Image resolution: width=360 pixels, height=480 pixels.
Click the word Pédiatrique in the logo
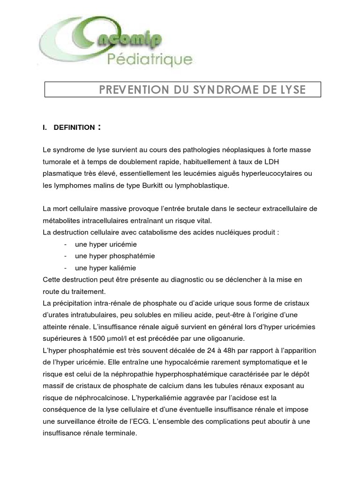coord(150,59)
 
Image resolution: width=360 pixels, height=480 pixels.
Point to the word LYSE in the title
coord(291,90)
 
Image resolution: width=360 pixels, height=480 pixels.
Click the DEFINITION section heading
coord(74,127)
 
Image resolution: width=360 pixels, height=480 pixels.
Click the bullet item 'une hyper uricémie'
coord(106,244)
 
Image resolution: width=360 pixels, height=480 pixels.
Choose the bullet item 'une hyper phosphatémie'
coord(115,256)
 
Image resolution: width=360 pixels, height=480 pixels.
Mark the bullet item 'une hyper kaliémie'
coord(105,268)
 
